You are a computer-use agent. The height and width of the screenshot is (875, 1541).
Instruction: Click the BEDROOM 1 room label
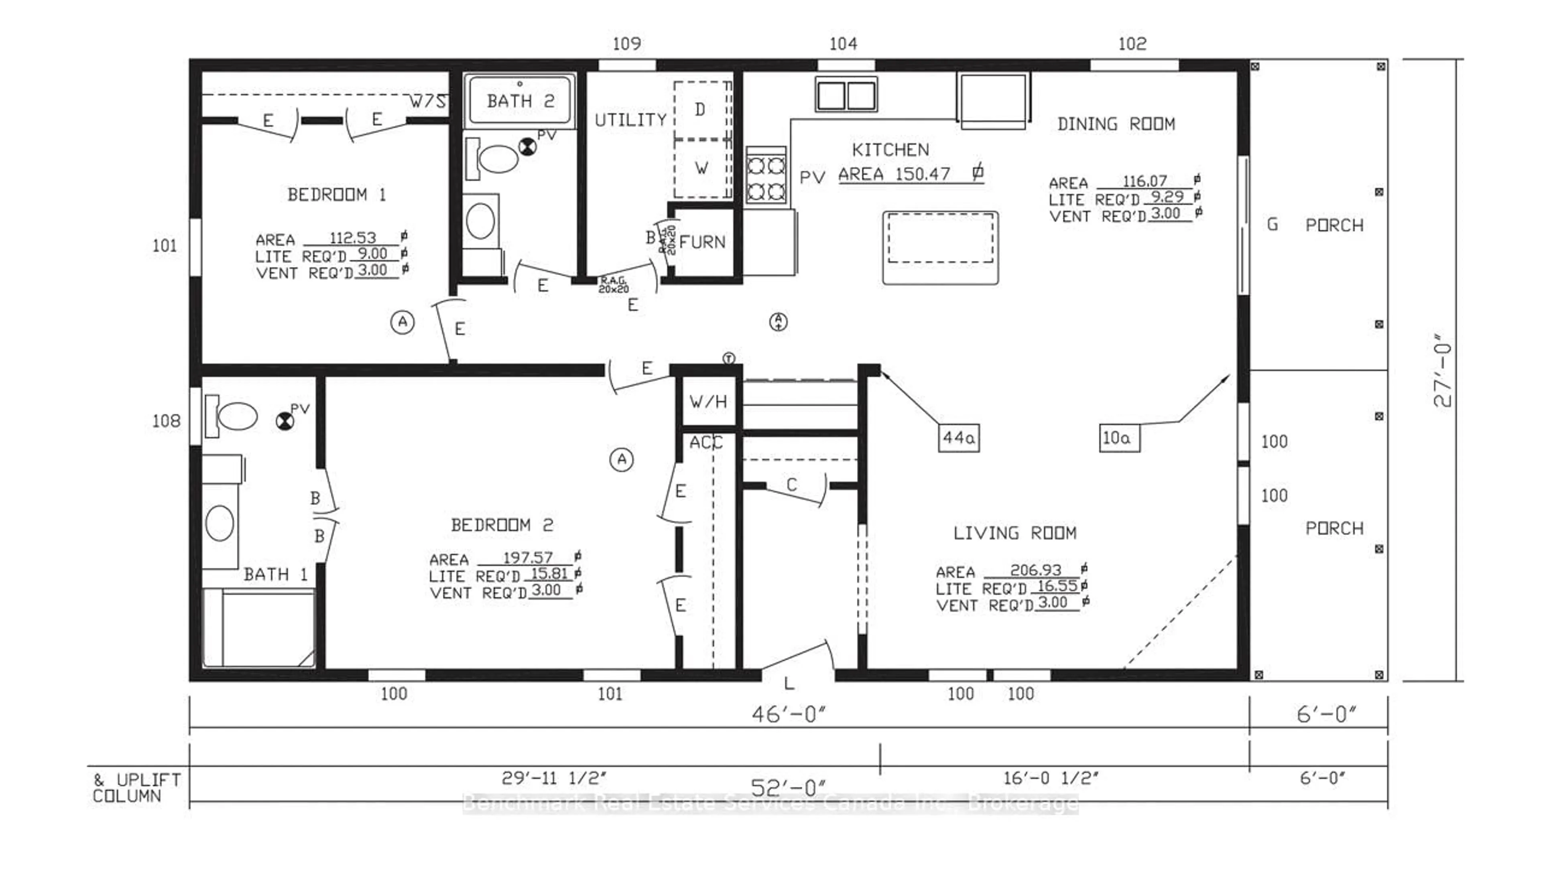pyautogui.click(x=337, y=195)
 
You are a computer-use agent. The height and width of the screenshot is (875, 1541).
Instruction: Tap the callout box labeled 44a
pyautogui.click(x=959, y=437)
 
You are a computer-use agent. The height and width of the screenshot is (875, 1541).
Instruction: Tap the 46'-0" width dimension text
pyautogui.click(x=789, y=715)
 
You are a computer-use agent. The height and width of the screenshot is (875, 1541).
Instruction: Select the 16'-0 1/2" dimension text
pyautogui.click(x=1051, y=778)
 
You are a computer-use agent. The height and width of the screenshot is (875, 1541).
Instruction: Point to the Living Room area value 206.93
pyautogui.click(x=1035, y=570)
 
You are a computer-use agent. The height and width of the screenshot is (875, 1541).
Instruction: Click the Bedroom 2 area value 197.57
pyautogui.click(x=528, y=558)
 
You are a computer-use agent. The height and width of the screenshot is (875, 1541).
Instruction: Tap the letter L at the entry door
pyautogui.click(x=789, y=683)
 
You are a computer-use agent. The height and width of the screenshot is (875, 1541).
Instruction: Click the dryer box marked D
pyautogui.click(x=700, y=110)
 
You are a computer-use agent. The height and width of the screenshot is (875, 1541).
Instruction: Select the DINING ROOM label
pyautogui.click(x=1116, y=124)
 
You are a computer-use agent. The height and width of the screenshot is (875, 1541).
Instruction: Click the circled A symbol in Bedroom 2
pyautogui.click(x=622, y=460)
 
